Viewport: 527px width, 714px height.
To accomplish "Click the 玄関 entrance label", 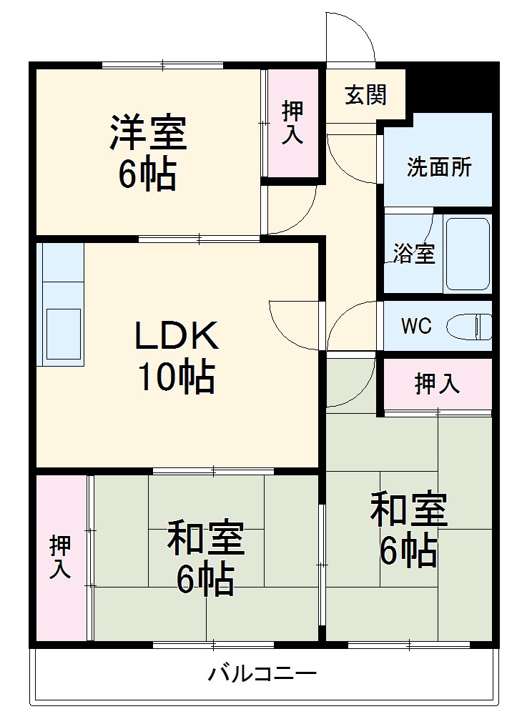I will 365,95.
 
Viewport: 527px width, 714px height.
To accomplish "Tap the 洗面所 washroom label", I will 439,167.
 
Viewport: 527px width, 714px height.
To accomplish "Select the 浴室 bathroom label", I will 414,254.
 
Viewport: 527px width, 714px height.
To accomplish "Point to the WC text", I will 415,327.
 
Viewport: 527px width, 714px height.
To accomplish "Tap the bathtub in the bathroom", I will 468,254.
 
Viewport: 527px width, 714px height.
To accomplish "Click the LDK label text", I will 175,336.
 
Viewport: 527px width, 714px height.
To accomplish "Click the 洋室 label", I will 148,132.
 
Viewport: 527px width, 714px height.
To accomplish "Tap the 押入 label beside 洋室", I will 292,123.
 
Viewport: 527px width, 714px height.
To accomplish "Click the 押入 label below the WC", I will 437,385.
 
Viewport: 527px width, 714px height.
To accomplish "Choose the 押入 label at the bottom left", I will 60,558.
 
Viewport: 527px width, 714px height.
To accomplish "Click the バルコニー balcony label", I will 262,674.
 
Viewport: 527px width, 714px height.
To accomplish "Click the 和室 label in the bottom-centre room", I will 206,539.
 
